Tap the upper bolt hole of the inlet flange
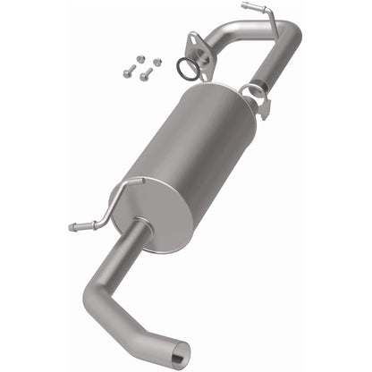[192, 38]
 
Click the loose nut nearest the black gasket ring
[156, 62]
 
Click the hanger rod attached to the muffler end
[116, 192]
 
